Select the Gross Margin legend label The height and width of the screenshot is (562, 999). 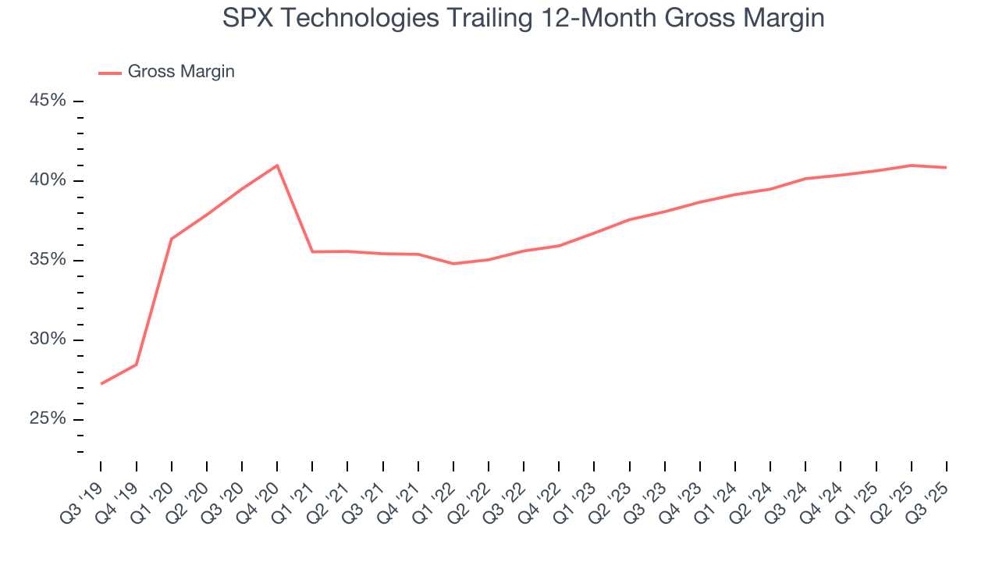click(x=181, y=72)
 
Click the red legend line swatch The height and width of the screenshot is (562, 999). click(x=110, y=73)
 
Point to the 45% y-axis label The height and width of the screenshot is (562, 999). click(x=48, y=101)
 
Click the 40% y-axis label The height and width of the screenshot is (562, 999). click(x=48, y=180)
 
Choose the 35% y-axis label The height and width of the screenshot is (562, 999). click(x=48, y=260)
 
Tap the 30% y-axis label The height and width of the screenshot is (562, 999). click(x=48, y=340)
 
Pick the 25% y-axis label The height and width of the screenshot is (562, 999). click(x=48, y=419)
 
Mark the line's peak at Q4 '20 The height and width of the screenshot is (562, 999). click(x=277, y=165)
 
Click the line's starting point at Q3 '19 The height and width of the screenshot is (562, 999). click(x=101, y=383)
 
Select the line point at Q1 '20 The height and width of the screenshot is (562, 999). click(x=172, y=239)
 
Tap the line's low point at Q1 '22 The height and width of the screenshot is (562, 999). click(x=453, y=264)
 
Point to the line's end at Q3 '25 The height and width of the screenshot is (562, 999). click(x=946, y=167)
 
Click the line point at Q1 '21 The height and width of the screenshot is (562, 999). click(x=312, y=251)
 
